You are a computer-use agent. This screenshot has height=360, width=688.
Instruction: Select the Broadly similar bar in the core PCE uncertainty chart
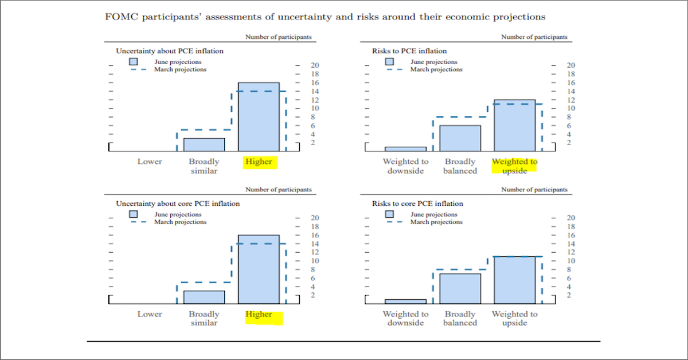point(204,297)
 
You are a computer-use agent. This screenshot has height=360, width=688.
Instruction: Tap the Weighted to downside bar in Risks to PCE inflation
point(405,148)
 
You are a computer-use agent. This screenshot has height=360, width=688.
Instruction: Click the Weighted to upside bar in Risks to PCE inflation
point(514,125)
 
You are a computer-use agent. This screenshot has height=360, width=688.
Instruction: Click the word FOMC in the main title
point(119,16)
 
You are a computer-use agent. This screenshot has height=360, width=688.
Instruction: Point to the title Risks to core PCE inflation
point(417,204)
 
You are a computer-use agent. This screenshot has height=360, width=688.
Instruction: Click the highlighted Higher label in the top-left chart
point(259,162)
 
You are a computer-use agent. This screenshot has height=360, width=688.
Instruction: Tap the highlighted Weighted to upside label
point(514,166)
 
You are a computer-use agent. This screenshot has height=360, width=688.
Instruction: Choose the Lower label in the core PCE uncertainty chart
point(150,314)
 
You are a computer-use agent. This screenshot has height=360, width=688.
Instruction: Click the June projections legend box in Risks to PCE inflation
point(389,61)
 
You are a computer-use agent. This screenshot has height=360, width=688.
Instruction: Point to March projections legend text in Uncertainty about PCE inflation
point(181,69)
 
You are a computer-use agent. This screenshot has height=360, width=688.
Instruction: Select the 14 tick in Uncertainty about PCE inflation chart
point(315,91)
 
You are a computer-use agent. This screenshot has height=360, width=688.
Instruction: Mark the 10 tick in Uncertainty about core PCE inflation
point(315,261)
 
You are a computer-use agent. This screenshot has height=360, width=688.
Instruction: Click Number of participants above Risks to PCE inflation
point(534,37)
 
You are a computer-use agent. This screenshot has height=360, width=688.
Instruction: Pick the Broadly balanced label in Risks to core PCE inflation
point(460,318)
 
